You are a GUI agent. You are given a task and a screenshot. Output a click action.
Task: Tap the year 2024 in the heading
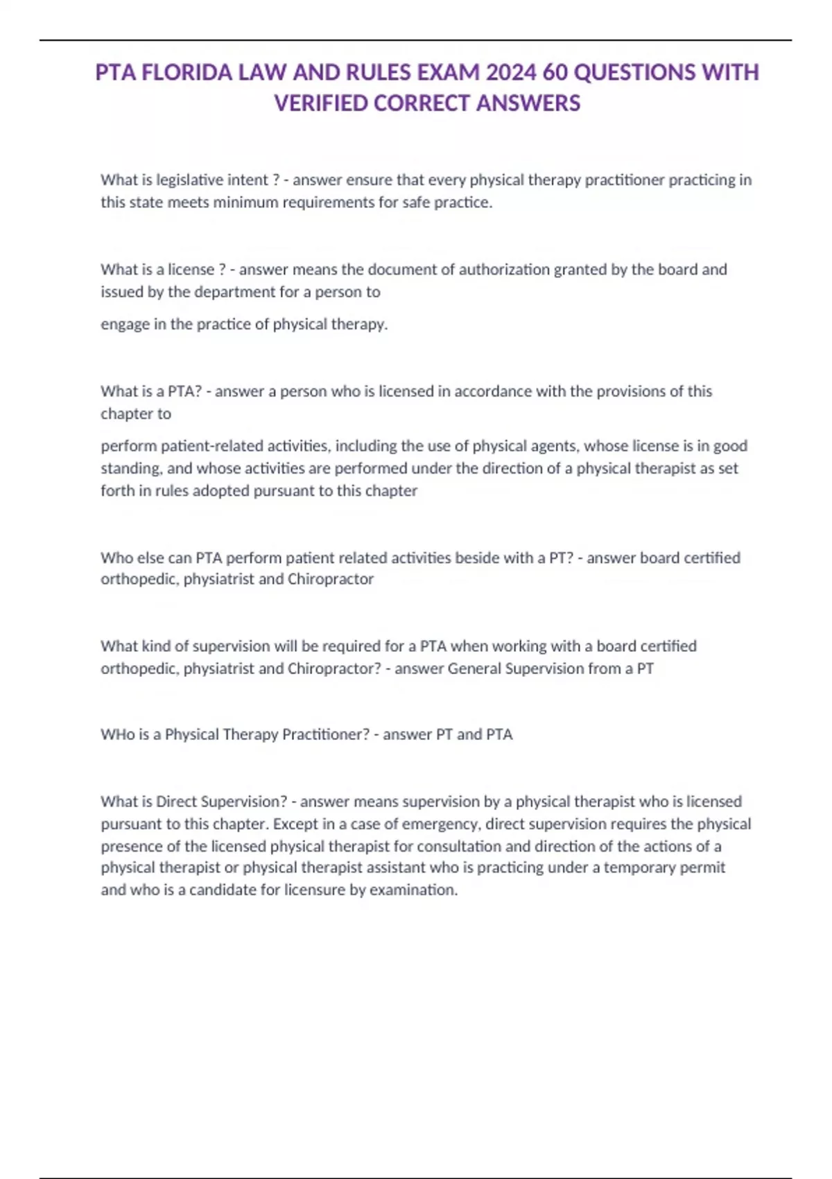[512, 73]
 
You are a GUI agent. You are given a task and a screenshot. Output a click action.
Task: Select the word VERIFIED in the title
[321, 103]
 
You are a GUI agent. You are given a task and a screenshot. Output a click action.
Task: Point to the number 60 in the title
[555, 73]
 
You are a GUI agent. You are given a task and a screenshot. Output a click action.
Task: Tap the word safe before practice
[416, 203]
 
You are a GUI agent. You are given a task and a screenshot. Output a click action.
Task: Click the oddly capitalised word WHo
[117, 734]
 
